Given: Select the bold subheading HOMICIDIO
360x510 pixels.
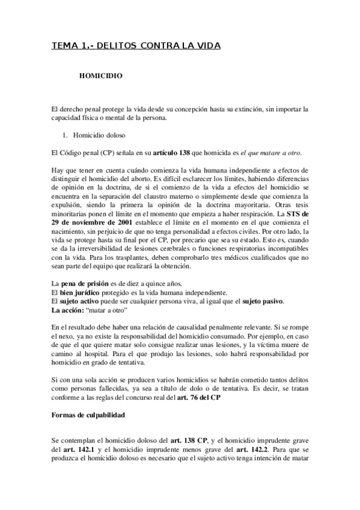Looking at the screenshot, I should pos(102,77).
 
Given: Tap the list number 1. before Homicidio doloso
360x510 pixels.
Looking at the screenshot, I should pos(75,136).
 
